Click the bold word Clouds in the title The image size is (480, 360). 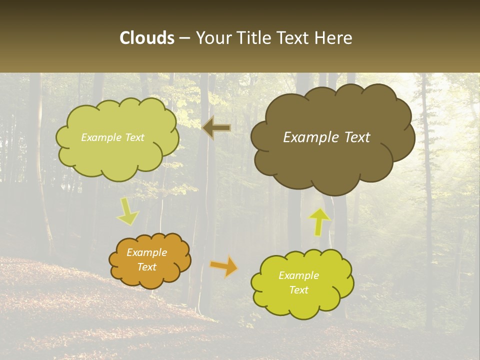click(147, 38)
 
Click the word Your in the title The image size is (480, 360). click(212, 38)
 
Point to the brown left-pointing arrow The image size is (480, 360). click(216, 128)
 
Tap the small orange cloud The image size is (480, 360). click(149, 260)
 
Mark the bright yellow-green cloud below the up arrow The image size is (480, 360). click(302, 283)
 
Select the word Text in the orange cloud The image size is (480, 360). click(147, 267)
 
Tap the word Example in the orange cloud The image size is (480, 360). click(147, 252)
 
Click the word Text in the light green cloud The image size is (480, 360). click(134, 137)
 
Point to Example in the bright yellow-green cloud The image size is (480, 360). click(298, 275)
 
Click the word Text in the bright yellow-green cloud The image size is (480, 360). click(298, 290)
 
